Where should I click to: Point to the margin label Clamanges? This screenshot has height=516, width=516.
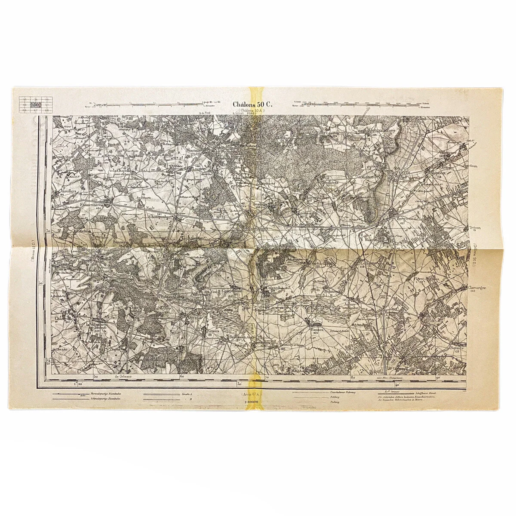click(475, 288)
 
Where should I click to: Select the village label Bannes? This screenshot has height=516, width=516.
click(316, 329)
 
